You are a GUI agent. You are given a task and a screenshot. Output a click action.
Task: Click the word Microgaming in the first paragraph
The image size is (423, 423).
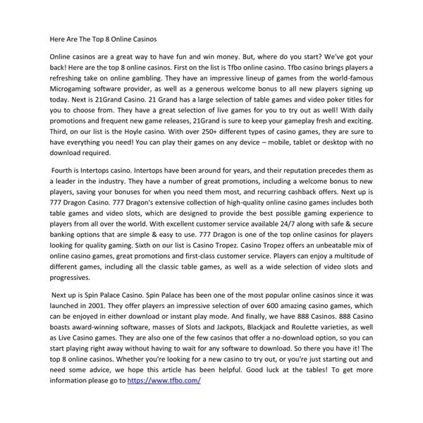73,91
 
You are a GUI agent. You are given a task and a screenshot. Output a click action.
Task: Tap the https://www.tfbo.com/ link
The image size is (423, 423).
164,381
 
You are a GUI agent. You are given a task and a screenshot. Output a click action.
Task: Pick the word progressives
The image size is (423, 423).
75,278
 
